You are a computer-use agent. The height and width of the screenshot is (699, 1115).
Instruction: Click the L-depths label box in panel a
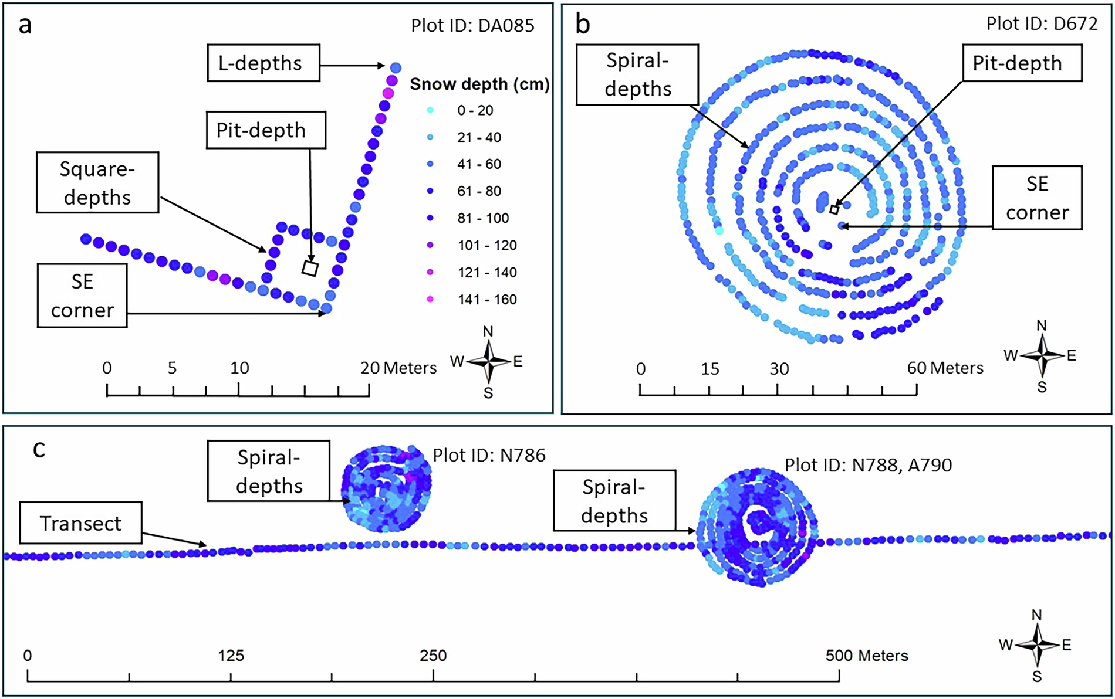263,63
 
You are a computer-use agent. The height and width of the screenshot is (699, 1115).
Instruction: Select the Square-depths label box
97,182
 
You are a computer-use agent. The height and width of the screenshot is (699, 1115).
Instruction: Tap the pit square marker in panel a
310,269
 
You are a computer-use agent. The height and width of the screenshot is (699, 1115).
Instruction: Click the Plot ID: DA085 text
472,26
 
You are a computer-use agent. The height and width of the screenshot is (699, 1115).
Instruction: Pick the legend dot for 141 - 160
430,299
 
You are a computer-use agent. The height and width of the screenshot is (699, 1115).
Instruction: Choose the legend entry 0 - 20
475,110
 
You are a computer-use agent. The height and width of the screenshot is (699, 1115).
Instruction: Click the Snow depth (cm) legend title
479,84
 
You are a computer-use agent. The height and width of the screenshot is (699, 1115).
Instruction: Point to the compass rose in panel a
488,362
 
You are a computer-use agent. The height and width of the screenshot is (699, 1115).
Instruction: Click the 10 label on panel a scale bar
239,368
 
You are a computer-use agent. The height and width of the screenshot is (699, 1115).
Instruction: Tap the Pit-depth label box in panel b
1022,63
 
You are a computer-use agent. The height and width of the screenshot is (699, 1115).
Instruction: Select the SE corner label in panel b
1037,198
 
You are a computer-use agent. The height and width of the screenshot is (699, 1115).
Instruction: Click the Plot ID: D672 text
1042,23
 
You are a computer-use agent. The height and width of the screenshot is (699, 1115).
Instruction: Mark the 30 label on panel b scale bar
779,369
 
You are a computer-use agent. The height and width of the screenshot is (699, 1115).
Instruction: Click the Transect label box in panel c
80,522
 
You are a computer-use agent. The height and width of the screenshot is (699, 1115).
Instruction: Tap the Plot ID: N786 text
489,455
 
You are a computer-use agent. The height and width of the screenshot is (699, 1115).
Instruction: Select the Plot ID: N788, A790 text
868,465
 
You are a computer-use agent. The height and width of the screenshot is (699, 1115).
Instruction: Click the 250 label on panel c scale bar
433,656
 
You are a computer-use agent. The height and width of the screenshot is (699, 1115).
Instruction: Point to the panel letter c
39,449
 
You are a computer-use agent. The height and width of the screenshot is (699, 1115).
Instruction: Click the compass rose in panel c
1037,645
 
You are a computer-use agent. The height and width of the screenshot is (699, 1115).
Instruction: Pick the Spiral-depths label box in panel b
637,74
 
